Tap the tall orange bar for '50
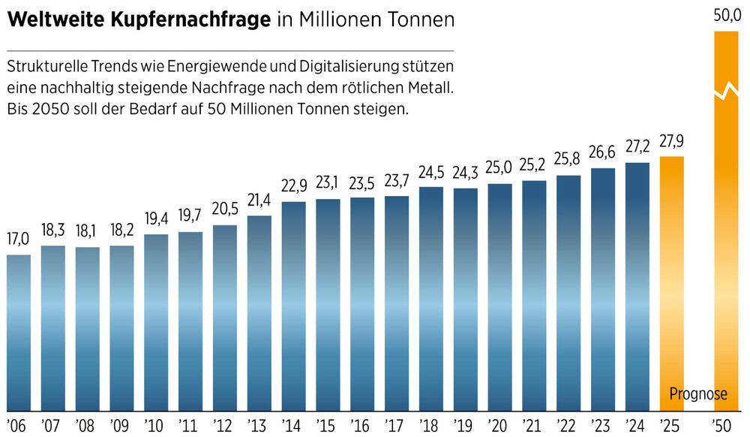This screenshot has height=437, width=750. coord(724,248)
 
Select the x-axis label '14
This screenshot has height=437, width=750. coord(293,424)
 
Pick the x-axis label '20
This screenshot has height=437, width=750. coord(499,424)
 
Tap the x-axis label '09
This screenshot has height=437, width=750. coord(121,424)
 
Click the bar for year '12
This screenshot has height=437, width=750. coord(225,315)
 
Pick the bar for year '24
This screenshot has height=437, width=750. coord(637,285)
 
